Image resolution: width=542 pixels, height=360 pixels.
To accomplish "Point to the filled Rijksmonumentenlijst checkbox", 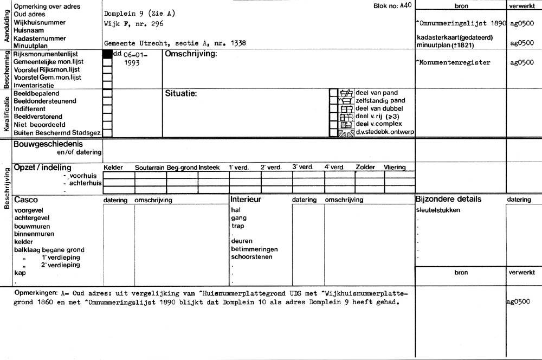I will tap(107, 54).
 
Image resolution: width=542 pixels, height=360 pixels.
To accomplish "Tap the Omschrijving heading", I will tap(191, 54).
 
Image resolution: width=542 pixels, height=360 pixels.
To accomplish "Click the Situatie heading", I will tap(180, 93).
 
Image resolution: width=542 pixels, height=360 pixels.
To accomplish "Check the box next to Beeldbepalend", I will tap(107, 93).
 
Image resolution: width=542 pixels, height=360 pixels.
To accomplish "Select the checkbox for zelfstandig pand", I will tap(334, 101).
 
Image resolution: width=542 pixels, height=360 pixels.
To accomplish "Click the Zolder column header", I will tap(365, 168).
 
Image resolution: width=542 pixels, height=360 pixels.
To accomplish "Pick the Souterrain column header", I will tap(150, 168).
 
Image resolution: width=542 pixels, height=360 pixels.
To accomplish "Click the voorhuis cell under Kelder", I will tap(119, 175).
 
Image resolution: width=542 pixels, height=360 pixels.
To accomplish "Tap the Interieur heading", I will tap(246, 200).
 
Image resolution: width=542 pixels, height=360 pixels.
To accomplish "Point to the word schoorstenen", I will tap(251, 257).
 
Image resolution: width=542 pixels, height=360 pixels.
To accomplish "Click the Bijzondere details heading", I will tap(448, 199).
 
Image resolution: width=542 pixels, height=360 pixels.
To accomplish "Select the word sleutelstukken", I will tap(438, 210).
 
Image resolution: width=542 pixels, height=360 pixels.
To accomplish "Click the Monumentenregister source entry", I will tap(453, 62).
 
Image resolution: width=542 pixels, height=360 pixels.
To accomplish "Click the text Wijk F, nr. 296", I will tap(133, 24).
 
